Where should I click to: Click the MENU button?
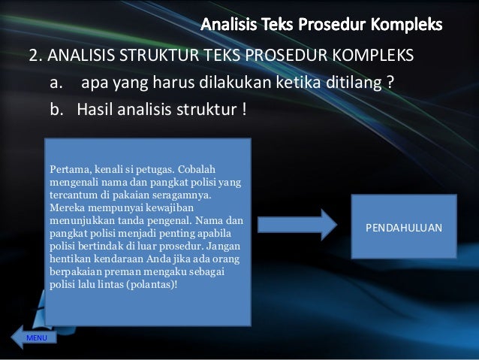click(36, 339)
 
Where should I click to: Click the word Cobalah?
click(195, 168)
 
